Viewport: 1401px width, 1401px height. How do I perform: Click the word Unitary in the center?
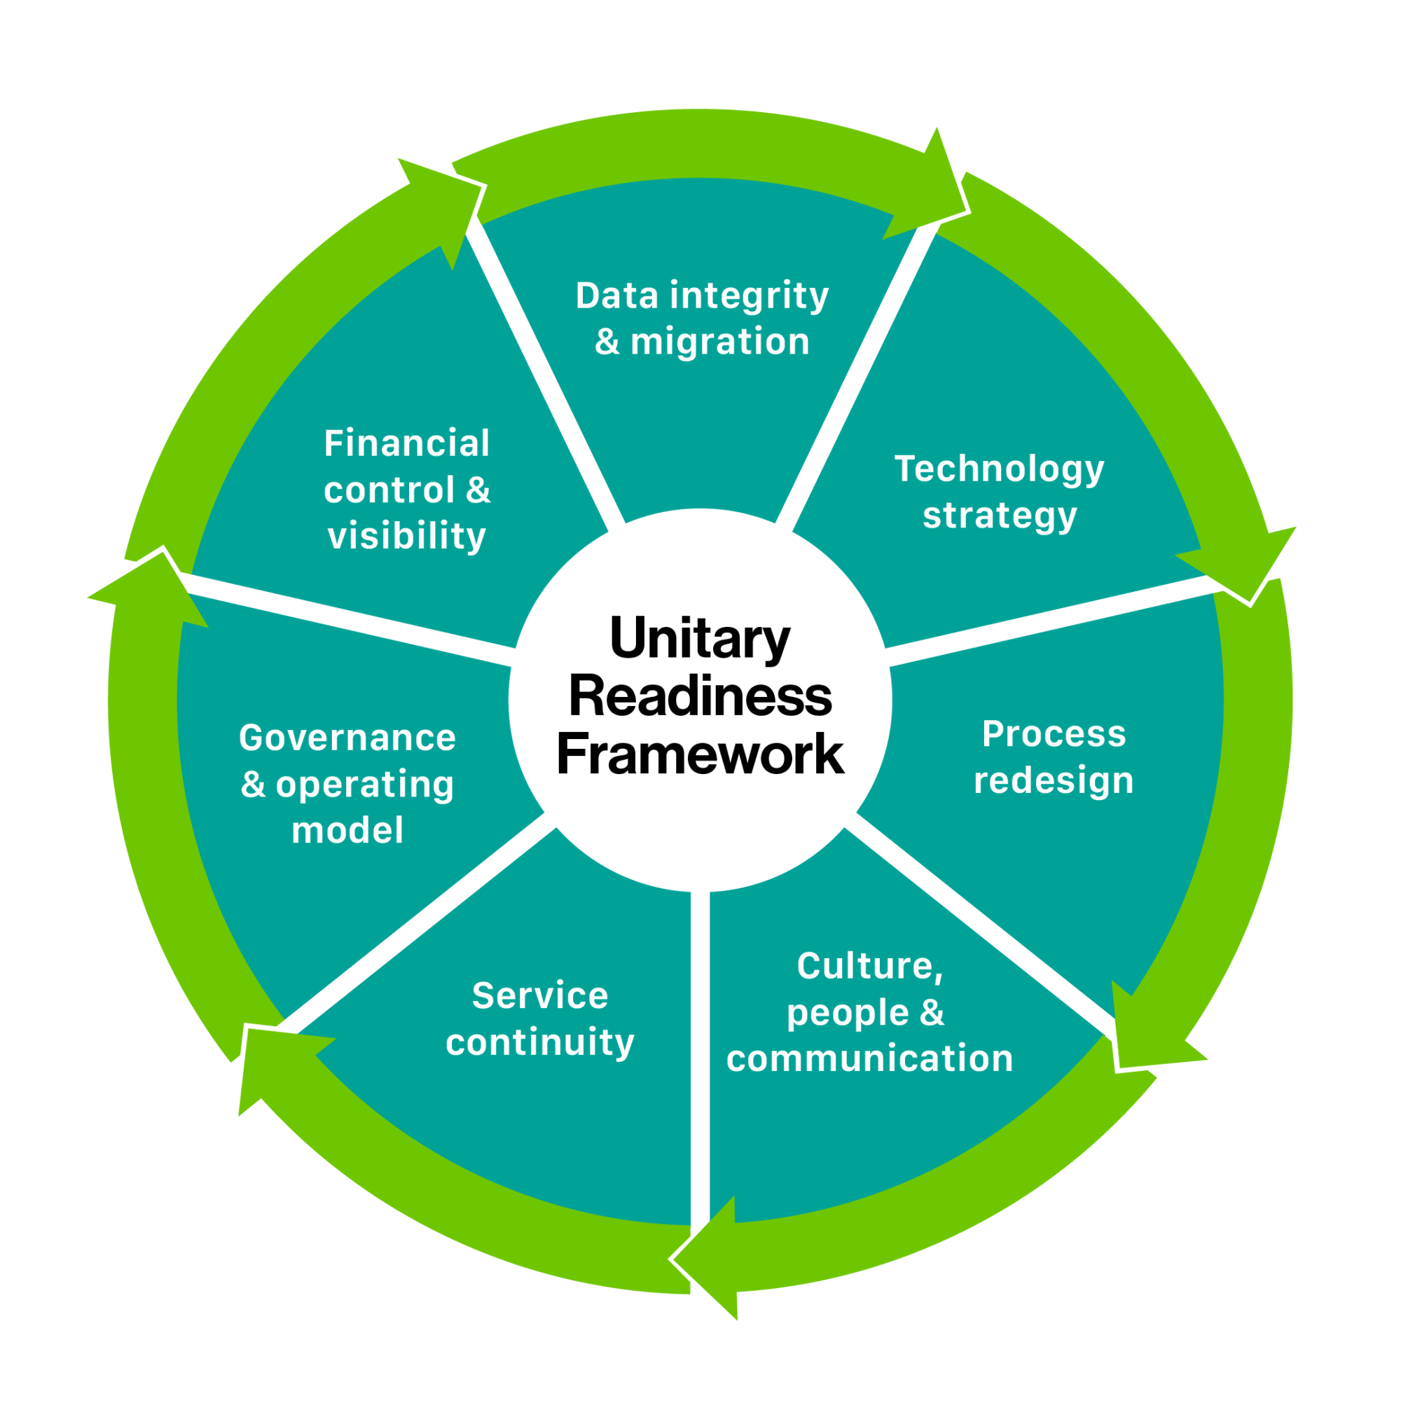[x=700, y=639]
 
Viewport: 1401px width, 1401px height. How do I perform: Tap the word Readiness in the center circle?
[x=700, y=697]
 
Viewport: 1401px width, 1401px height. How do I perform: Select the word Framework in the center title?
[x=700, y=755]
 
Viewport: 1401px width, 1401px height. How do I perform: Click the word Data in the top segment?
[x=617, y=296]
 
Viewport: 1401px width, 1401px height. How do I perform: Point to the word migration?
[x=720, y=343]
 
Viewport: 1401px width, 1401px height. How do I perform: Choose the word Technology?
[x=1000, y=470]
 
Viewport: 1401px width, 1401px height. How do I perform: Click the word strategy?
[x=1000, y=516]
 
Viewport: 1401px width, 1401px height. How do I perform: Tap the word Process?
[x=1054, y=734]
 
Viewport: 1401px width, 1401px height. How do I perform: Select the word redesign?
[x=1054, y=781]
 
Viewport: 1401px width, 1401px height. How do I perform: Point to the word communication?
[x=869, y=1058]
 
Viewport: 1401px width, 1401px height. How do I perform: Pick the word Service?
[x=540, y=995]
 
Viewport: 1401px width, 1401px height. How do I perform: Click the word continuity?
[x=540, y=1043]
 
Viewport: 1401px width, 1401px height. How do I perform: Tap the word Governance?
[x=347, y=738]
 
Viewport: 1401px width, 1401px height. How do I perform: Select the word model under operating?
[x=347, y=831]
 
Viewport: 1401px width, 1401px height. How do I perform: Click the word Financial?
[x=407, y=444]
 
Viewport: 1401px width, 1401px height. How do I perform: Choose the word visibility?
[x=407, y=537]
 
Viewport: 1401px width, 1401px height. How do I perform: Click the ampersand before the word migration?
[x=607, y=343]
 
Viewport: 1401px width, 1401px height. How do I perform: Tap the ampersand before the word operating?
[x=253, y=785]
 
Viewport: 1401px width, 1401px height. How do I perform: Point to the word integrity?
[x=749, y=296]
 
